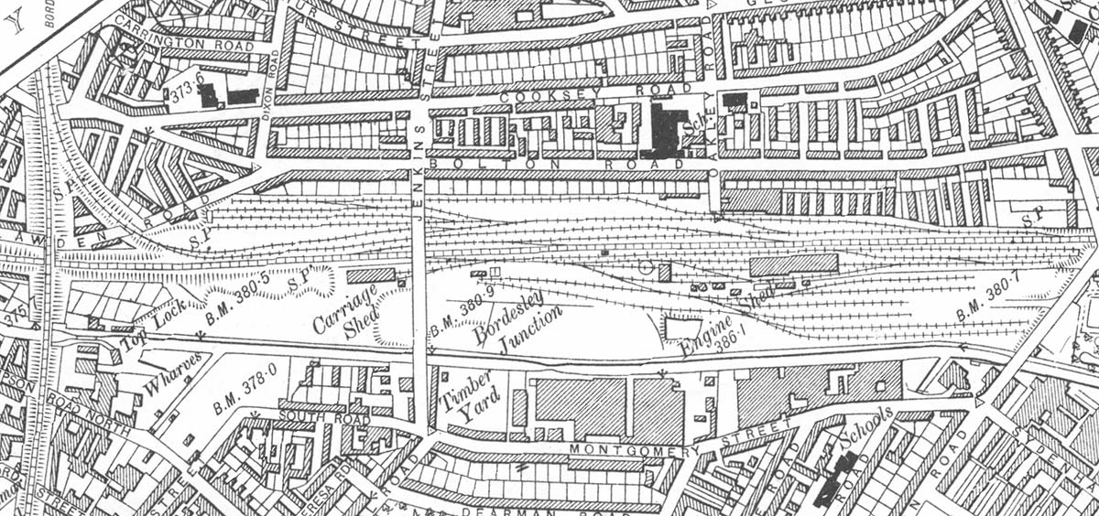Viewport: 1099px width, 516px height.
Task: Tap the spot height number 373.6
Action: point(180,92)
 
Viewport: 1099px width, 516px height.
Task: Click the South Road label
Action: point(310,415)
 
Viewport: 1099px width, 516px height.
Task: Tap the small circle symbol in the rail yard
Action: point(646,267)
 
